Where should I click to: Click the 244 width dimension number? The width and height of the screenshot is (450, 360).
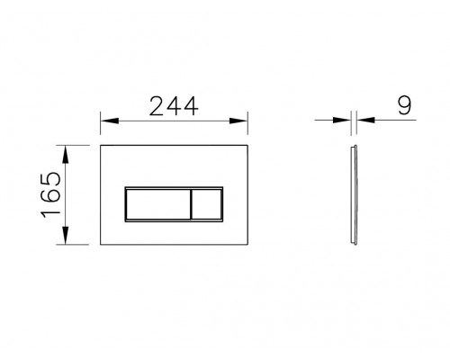[173, 106]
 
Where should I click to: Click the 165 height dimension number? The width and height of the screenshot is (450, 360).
[50, 192]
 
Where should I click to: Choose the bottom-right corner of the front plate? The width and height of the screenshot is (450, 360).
[247, 242]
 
